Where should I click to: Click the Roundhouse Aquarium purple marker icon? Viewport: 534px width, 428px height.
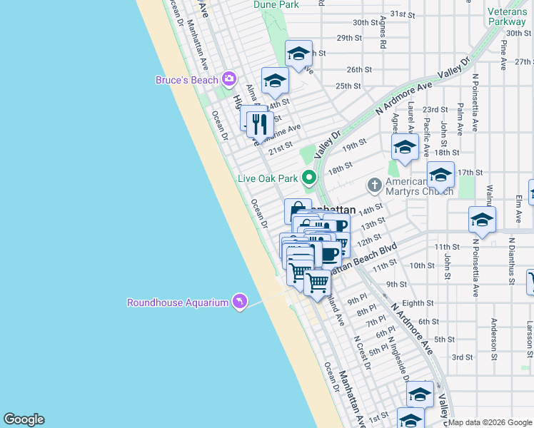(x=240, y=302)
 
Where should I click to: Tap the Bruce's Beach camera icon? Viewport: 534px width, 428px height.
(x=229, y=79)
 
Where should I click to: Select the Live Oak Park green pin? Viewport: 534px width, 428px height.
(x=309, y=177)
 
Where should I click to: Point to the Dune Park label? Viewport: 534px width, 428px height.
(x=276, y=4)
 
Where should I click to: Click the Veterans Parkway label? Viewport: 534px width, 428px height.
(x=507, y=16)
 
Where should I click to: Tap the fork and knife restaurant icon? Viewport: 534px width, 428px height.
(x=260, y=124)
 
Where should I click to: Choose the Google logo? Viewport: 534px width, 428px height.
(x=24, y=419)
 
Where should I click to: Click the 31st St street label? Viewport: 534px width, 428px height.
(x=402, y=14)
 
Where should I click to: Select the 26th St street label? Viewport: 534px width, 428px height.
(x=359, y=69)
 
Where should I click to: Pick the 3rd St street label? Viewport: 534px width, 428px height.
(x=462, y=357)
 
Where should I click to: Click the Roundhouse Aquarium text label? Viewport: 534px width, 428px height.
(x=178, y=302)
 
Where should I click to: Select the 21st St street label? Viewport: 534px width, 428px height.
(x=281, y=146)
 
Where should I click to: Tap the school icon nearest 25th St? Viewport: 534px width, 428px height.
(x=274, y=81)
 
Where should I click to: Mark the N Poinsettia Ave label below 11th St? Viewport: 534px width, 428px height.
(x=475, y=269)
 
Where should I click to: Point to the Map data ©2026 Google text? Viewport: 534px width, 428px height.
(x=490, y=422)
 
